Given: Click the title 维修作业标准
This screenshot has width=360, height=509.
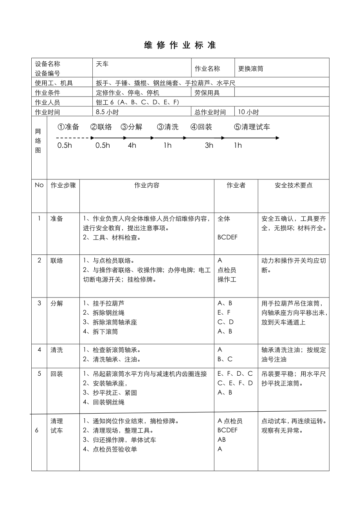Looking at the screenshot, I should point(180,45).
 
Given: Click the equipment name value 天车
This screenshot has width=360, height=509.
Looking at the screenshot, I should point(102,63).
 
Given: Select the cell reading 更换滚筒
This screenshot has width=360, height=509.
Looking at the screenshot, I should point(251,69).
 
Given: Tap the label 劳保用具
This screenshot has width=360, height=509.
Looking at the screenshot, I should point(207,93).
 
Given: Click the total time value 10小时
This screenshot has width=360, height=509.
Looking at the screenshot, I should point(248,112).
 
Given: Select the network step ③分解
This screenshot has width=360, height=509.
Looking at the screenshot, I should point(131,127).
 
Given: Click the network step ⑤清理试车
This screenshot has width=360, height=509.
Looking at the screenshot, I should point(252,127).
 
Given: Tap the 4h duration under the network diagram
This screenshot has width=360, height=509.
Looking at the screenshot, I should point(132,145).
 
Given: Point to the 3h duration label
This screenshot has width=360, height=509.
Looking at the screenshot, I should point(209,145).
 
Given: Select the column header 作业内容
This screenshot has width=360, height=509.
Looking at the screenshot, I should point(147,185).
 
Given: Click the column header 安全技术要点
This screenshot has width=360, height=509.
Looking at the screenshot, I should point(293,185).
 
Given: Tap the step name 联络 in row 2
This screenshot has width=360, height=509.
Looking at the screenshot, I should point(57,261).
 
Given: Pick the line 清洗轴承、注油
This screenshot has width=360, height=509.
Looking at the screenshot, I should point(112,359).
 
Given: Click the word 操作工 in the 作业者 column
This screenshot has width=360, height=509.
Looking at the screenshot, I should point(227,280).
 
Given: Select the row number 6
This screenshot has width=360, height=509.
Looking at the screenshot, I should point(37,430).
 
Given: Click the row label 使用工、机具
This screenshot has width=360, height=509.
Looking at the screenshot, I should point(54,83).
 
